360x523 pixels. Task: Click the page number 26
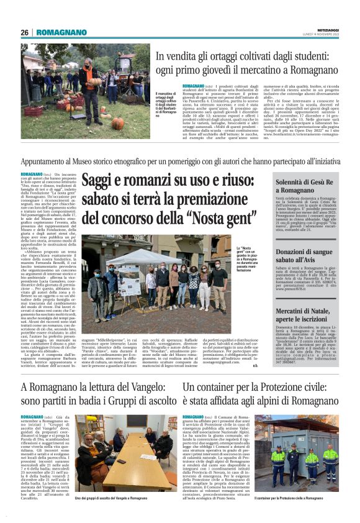click(x=24, y=32)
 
